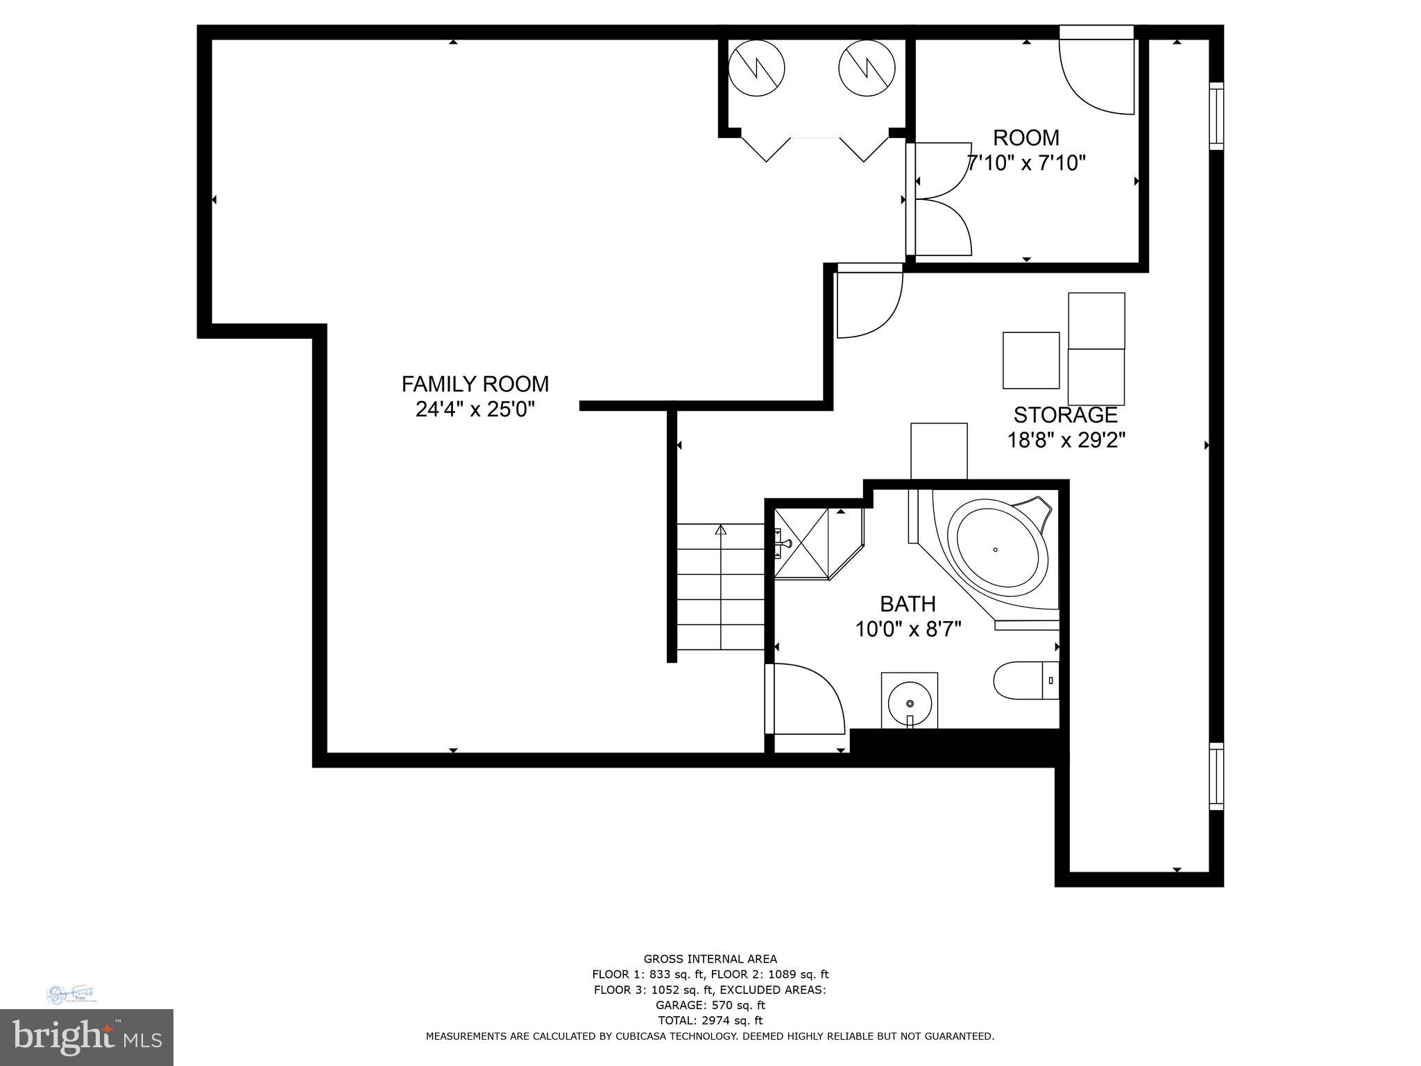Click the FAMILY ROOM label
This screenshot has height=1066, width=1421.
[x=475, y=384]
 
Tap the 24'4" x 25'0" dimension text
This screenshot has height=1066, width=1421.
[x=475, y=409]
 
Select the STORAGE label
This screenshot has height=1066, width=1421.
[x=1065, y=415]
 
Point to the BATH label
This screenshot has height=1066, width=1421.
[x=908, y=604]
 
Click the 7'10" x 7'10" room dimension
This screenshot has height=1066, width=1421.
[x=1026, y=163]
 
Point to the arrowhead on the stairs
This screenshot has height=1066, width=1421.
[x=720, y=530]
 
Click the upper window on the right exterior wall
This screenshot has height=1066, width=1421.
[x=1216, y=116]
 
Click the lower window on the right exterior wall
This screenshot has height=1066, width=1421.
[x=1216, y=776]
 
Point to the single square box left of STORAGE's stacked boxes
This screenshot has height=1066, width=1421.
[x=1031, y=360]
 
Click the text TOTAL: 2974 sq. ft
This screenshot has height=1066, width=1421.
[x=710, y=1020]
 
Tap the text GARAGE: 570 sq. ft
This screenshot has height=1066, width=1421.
[x=710, y=1005]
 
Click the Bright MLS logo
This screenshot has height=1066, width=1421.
[x=87, y=1037]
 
